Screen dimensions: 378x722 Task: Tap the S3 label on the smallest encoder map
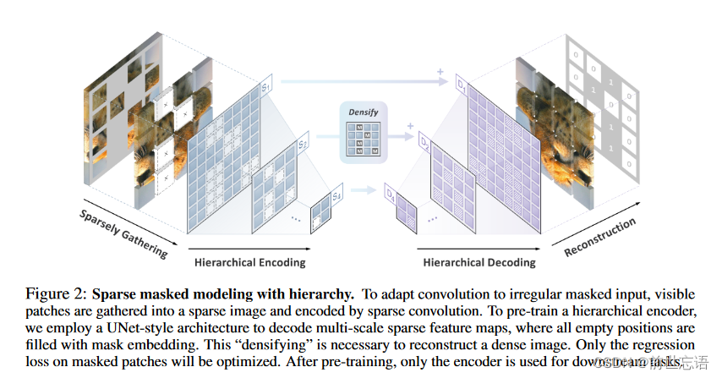(336, 196)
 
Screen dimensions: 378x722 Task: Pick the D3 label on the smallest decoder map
(391, 196)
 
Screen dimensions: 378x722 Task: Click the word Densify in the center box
(362, 112)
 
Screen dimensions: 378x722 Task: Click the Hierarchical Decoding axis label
(479, 261)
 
